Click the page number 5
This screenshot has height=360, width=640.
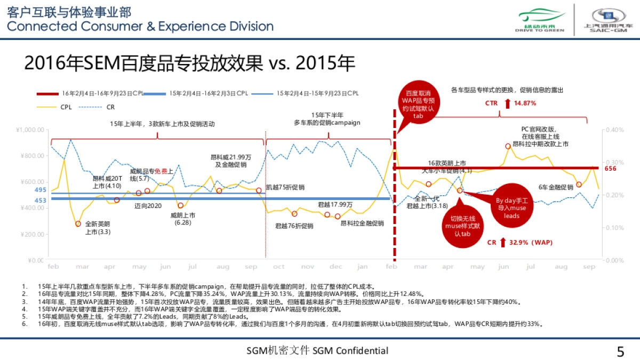[620, 351]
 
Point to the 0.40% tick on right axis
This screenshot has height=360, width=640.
[613, 130]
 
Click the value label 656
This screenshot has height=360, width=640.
[610, 168]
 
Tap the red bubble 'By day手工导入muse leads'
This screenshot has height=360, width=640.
[511, 207]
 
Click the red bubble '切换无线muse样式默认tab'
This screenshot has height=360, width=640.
[463, 226]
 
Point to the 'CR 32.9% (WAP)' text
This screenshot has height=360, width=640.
[519, 242]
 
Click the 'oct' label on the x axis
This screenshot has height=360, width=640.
[278, 266]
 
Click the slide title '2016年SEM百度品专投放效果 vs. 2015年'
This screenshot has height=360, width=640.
[189, 63]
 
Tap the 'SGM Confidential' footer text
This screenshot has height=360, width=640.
[317, 350]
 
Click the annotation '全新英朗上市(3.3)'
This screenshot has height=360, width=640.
[97, 228]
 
